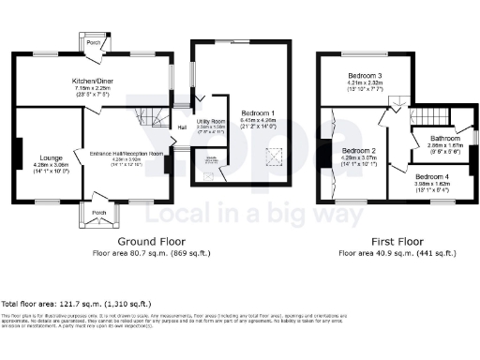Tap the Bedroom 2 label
click(360, 151)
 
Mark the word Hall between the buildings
click(181, 127)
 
